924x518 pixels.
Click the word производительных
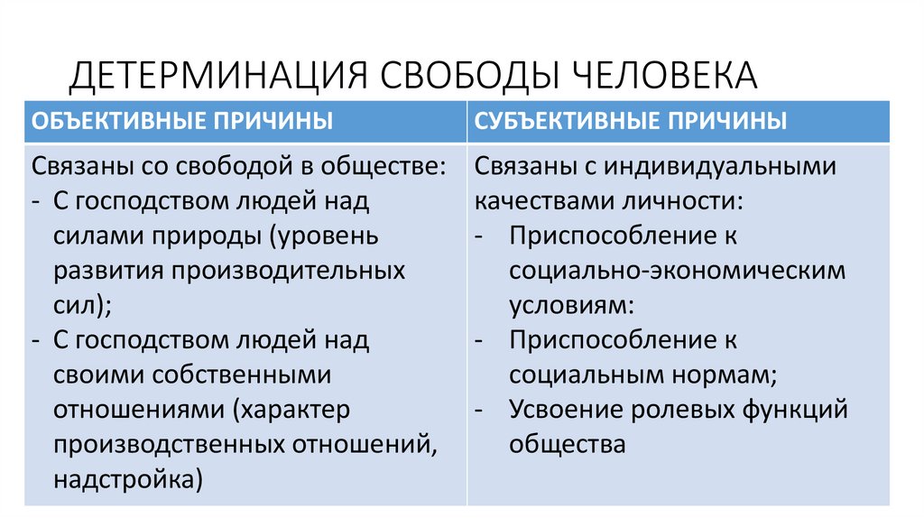click(292, 271)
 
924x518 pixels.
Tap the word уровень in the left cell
click(329, 236)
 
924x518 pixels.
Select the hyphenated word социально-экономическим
click(678, 271)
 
